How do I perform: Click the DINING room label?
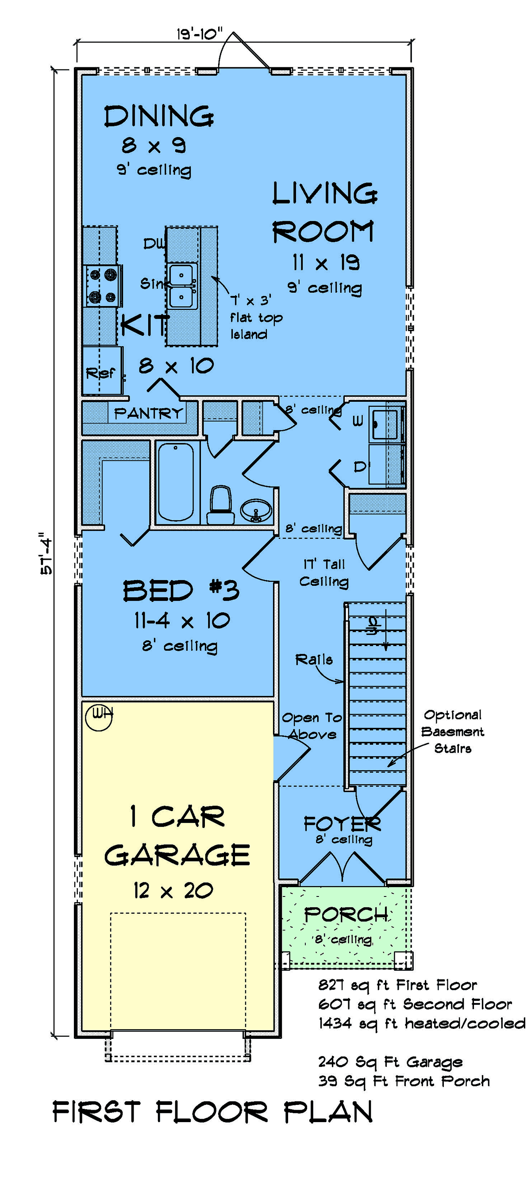pyautogui.click(x=159, y=116)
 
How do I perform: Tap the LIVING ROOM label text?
pyautogui.click(x=324, y=212)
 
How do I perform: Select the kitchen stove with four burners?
pyautogui.click(x=103, y=286)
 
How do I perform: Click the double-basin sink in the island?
pyautogui.click(x=181, y=286)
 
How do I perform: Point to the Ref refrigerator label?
pyautogui.click(x=100, y=373)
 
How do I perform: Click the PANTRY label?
pyautogui.click(x=149, y=413)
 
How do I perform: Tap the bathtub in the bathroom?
pyautogui.click(x=176, y=482)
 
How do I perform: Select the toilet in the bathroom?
pyautogui.click(x=220, y=505)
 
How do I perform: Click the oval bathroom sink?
pyautogui.click(x=256, y=511)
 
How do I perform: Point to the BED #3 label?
pyautogui.click(x=181, y=591)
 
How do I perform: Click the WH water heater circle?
pyautogui.click(x=99, y=717)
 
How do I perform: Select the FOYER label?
pyautogui.click(x=342, y=823)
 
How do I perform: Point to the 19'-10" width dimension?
pyautogui.click(x=200, y=34)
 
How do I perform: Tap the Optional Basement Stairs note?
pyautogui.click(x=453, y=731)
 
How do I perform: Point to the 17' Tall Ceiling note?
pyautogui.click(x=324, y=573)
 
